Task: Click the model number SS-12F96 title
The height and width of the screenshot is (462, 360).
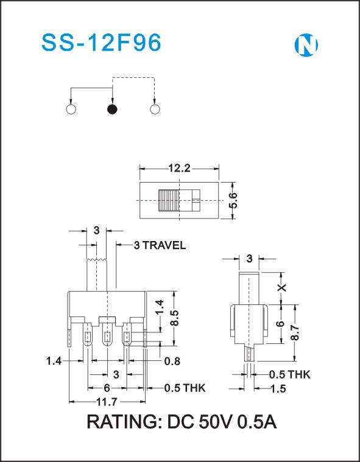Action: tap(102, 43)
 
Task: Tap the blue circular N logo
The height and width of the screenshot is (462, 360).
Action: tap(306, 45)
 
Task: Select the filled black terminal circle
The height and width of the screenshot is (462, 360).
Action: tap(112, 110)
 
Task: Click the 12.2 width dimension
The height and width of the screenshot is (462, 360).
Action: tap(179, 169)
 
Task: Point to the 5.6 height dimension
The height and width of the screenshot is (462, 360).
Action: tap(233, 200)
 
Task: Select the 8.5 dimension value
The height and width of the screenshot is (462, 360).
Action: tap(174, 317)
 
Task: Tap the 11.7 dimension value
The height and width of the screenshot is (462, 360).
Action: tap(107, 402)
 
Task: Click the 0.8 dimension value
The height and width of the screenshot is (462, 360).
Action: tap(171, 361)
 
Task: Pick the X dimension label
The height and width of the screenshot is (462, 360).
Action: tap(282, 287)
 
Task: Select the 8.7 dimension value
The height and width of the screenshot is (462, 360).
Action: tap(295, 332)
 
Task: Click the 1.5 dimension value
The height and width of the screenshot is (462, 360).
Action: tap(278, 389)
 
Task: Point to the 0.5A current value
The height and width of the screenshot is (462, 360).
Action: tap(257, 422)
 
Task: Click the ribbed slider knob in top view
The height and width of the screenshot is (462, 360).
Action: tap(169, 200)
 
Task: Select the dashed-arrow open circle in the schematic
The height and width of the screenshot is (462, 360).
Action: tap(155, 110)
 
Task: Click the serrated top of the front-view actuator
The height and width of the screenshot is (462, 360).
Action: tap(97, 259)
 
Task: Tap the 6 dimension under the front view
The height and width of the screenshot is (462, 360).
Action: tap(107, 388)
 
